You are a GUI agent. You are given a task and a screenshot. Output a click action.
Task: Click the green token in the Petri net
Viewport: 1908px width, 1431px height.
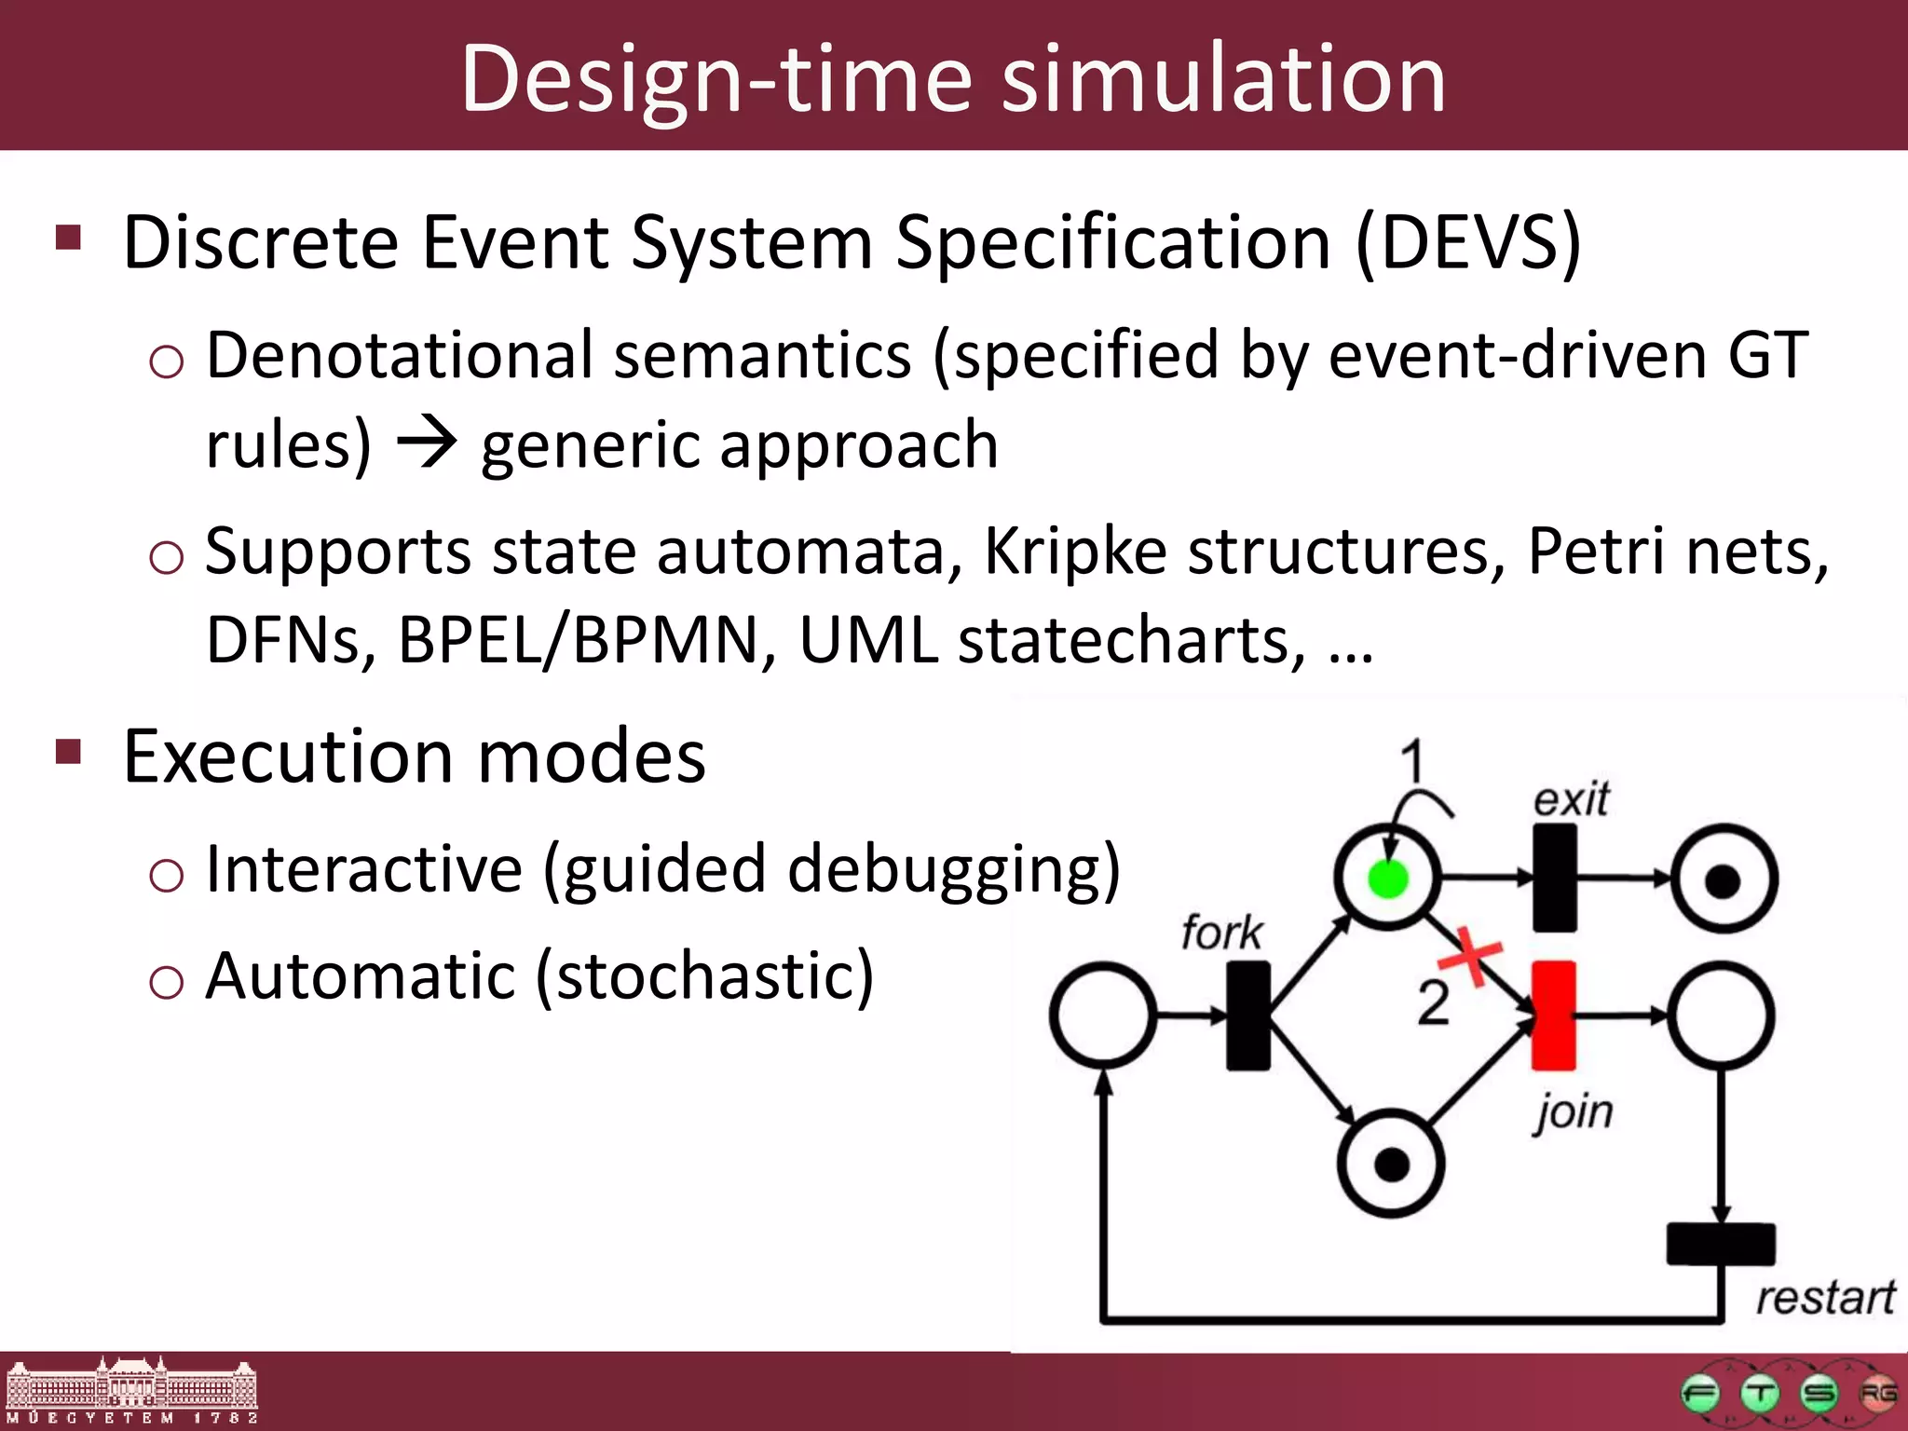[x=1387, y=879]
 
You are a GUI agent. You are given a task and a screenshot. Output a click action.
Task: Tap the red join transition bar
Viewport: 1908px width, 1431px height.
[x=1553, y=1015]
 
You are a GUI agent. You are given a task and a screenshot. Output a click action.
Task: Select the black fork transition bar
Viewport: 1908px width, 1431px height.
[x=1247, y=1015]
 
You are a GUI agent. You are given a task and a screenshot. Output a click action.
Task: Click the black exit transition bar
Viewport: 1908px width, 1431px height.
[x=1554, y=878]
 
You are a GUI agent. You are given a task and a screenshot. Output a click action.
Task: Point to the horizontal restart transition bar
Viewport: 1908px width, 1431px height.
[x=1720, y=1244]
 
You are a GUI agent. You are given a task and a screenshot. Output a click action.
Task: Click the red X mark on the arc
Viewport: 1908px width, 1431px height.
[x=1471, y=955]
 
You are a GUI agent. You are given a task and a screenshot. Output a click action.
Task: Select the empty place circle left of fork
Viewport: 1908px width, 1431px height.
[x=1103, y=1015]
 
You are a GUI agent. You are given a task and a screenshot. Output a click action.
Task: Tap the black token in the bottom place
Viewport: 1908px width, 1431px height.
[x=1391, y=1164]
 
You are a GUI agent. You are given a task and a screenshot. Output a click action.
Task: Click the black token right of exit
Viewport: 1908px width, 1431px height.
[x=1723, y=879]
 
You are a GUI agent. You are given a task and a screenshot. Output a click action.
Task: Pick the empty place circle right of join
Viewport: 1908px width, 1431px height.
[x=1721, y=1015]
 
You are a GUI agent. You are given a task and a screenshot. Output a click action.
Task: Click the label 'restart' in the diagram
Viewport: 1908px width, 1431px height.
[x=1824, y=1297]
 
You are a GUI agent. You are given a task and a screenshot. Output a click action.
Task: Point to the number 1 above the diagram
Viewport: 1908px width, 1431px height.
[x=1412, y=761]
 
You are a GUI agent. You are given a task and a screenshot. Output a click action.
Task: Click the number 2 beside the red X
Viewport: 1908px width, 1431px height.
[x=1433, y=1003]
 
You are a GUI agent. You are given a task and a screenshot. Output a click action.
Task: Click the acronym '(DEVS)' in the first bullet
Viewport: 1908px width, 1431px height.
[x=1468, y=242]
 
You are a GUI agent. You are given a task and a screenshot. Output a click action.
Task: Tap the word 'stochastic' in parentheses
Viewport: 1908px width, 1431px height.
[x=705, y=976]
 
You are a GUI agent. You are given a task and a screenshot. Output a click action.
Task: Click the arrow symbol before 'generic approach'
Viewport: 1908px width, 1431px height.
[x=427, y=443]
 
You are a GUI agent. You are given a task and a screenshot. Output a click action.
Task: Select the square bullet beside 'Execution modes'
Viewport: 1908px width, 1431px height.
[x=69, y=751]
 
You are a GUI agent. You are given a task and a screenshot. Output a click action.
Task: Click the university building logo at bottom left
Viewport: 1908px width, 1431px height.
[x=131, y=1389]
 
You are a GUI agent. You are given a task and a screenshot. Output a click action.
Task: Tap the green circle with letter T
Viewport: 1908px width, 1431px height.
[x=1760, y=1394]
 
